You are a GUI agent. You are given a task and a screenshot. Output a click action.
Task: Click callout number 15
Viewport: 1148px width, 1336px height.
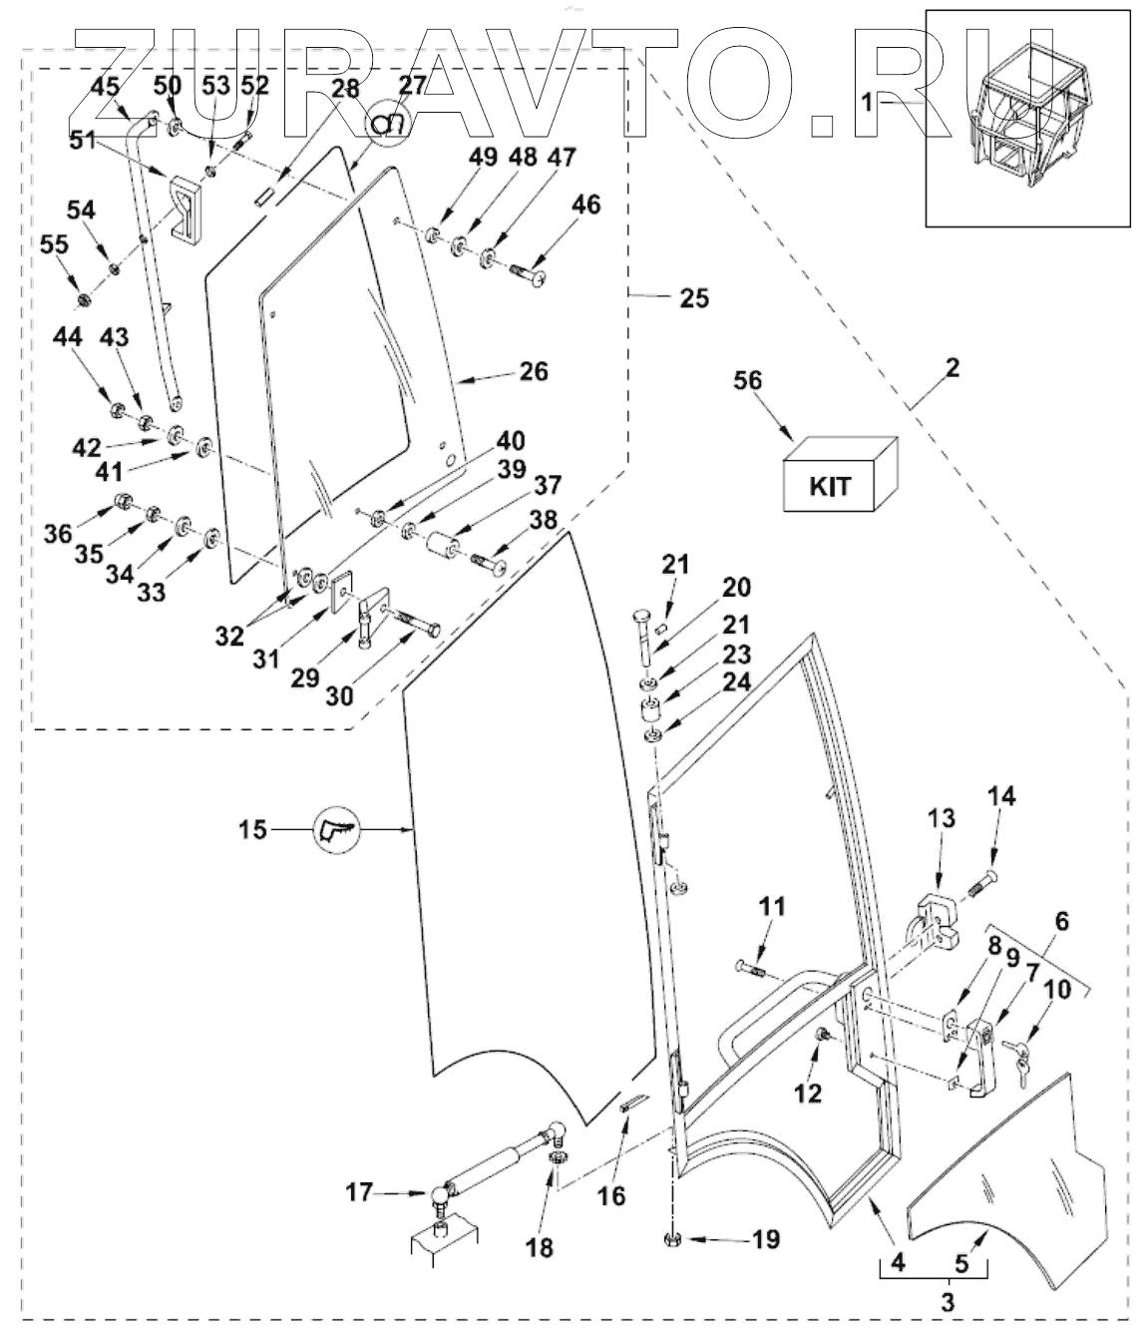click(252, 828)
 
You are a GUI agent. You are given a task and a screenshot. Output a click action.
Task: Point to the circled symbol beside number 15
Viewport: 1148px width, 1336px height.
click(336, 829)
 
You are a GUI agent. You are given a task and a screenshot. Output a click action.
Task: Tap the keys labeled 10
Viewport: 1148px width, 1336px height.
click(1018, 1059)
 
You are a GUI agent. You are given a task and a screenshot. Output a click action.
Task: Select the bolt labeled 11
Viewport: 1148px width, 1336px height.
click(751, 967)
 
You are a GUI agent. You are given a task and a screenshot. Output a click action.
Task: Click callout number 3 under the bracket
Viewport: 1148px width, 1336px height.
click(947, 1302)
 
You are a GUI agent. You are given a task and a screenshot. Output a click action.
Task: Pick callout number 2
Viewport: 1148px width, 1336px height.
click(952, 368)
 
